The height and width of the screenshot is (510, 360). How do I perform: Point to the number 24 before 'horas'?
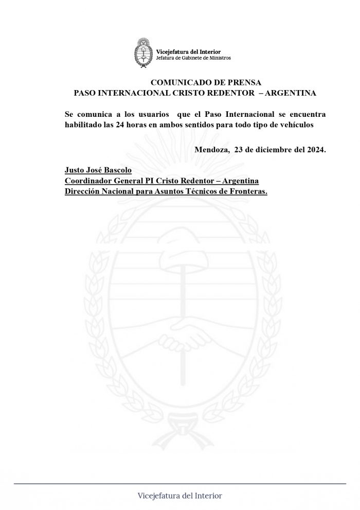(120, 125)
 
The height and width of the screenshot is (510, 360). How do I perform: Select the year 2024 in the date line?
(314, 150)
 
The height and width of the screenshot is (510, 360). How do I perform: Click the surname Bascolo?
(122, 170)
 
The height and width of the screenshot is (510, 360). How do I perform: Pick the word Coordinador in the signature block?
(86, 181)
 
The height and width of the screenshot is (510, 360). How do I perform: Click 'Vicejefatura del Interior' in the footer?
(180, 496)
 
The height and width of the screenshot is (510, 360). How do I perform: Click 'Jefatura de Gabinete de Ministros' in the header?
(195, 58)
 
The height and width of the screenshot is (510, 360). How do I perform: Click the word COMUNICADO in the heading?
(178, 82)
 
